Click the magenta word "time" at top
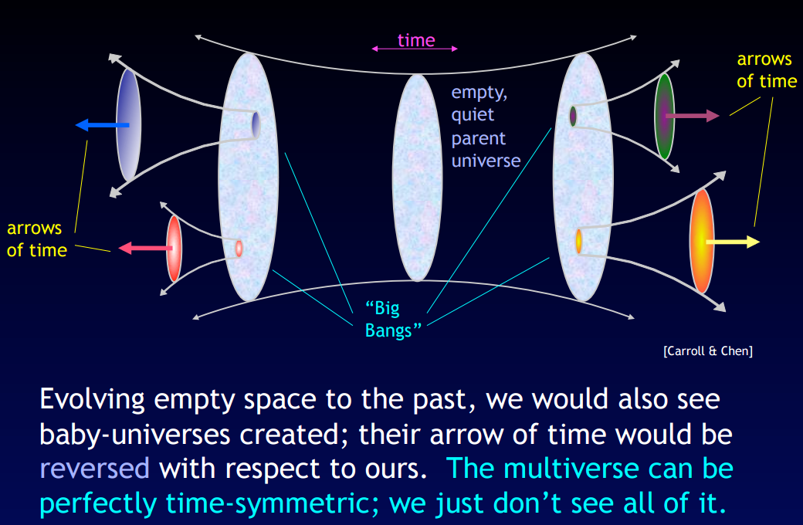coord(416,40)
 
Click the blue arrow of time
coord(102,124)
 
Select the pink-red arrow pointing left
coord(145,248)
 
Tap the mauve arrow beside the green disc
coord(692,116)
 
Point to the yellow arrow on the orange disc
coord(733,242)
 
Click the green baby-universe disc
coord(664,117)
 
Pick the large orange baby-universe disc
coord(702,241)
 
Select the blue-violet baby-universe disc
coord(128,124)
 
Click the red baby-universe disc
coord(174,249)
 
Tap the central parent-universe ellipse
coord(417,178)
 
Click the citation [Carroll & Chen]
coord(708,351)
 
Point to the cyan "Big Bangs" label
coord(393,319)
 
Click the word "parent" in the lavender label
coord(478,138)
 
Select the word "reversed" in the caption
coord(94,469)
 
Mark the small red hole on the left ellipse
coord(239,249)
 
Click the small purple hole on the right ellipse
coord(573,117)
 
